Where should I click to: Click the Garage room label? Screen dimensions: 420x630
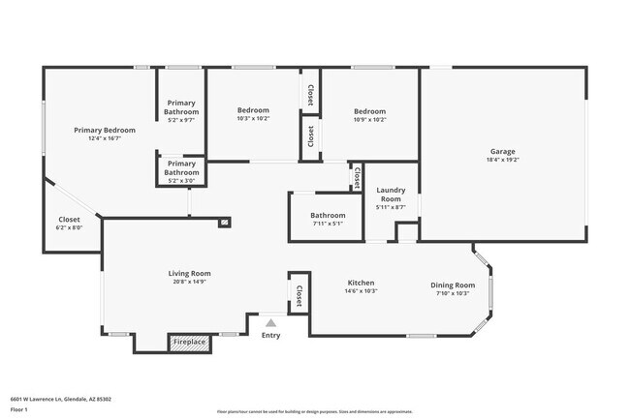pyautogui.click(x=502, y=152)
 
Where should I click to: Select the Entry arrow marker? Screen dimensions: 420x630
pyautogui.click(x=271, y=323)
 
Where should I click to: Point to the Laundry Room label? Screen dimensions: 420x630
pyautogui.click(x=390, y=194)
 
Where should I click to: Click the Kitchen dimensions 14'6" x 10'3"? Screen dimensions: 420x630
pyautogui.click(x=362, y=291)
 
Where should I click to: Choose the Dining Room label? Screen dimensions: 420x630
pyautogui.click(x=453, y=285)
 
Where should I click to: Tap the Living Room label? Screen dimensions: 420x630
pyautogui.click(x=189, y=274)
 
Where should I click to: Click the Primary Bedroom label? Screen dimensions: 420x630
pyautogui.click(x=105, y=130)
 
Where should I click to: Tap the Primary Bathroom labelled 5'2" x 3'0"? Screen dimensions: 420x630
pyautogui.click(x=181, y=172)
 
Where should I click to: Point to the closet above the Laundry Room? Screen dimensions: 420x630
pyautogui.click(x=357, y=177)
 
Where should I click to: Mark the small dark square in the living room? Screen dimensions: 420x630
pyautogui.click(x=225, y=222)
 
